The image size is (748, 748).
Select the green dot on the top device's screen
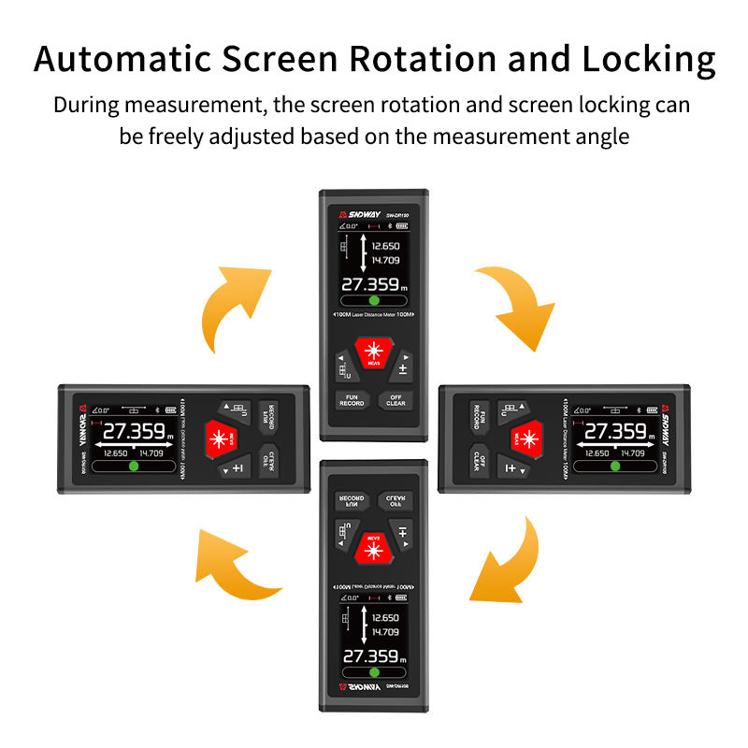tap(374, 301)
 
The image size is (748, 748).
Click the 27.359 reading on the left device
tap(134, 432)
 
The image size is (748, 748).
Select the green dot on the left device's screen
tap(133, 465)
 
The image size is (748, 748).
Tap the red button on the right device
tap(527, 437)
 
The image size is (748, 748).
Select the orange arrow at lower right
tap(510, 561)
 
